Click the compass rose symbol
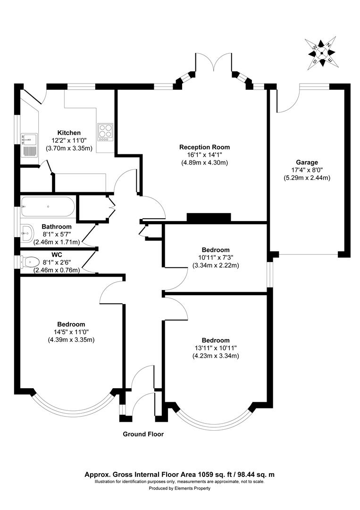tap(322, 52)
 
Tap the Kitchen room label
tap(69, 133)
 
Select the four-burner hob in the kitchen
tap(105, 132)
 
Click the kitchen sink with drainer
tap(29, 145)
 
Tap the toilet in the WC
tap(30, 261)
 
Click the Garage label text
tap(307, 162)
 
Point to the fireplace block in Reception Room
tap(209, 217)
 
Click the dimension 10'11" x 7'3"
tap(215, 257)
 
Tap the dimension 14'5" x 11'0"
tap(71, 332)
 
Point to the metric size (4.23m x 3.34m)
tap(215, 356)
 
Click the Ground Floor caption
tap(143, 434)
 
